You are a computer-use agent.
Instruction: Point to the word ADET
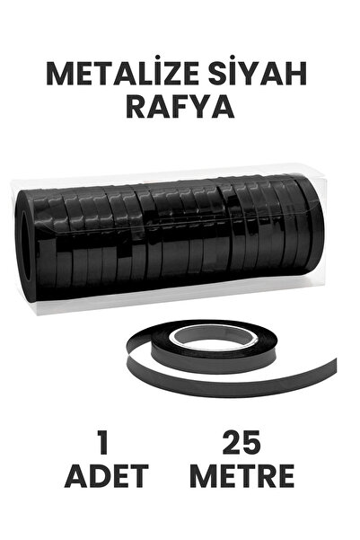106,477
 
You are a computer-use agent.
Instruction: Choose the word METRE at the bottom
241,477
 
